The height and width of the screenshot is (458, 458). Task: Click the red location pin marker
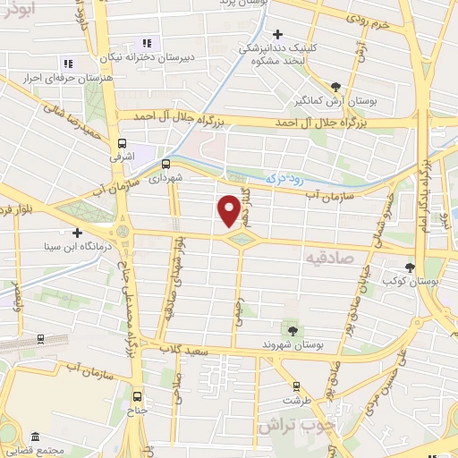tap(230, 211)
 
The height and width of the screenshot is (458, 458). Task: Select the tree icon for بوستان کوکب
tap(411, 267)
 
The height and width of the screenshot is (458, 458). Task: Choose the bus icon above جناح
tap(137, 396)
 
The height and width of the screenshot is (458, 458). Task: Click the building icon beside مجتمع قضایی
tap(34, 437)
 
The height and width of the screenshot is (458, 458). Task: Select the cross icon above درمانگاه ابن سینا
tap(77, 232)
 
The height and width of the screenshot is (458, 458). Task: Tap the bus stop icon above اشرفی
tap(122, 142)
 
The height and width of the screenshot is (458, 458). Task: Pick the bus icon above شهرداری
tap(165, 164)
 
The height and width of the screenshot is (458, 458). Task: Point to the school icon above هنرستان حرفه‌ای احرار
tap(68, 64)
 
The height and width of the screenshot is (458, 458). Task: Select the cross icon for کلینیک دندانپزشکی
tap(278, 34)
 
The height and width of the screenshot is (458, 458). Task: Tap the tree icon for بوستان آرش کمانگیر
tap(335, 87)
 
